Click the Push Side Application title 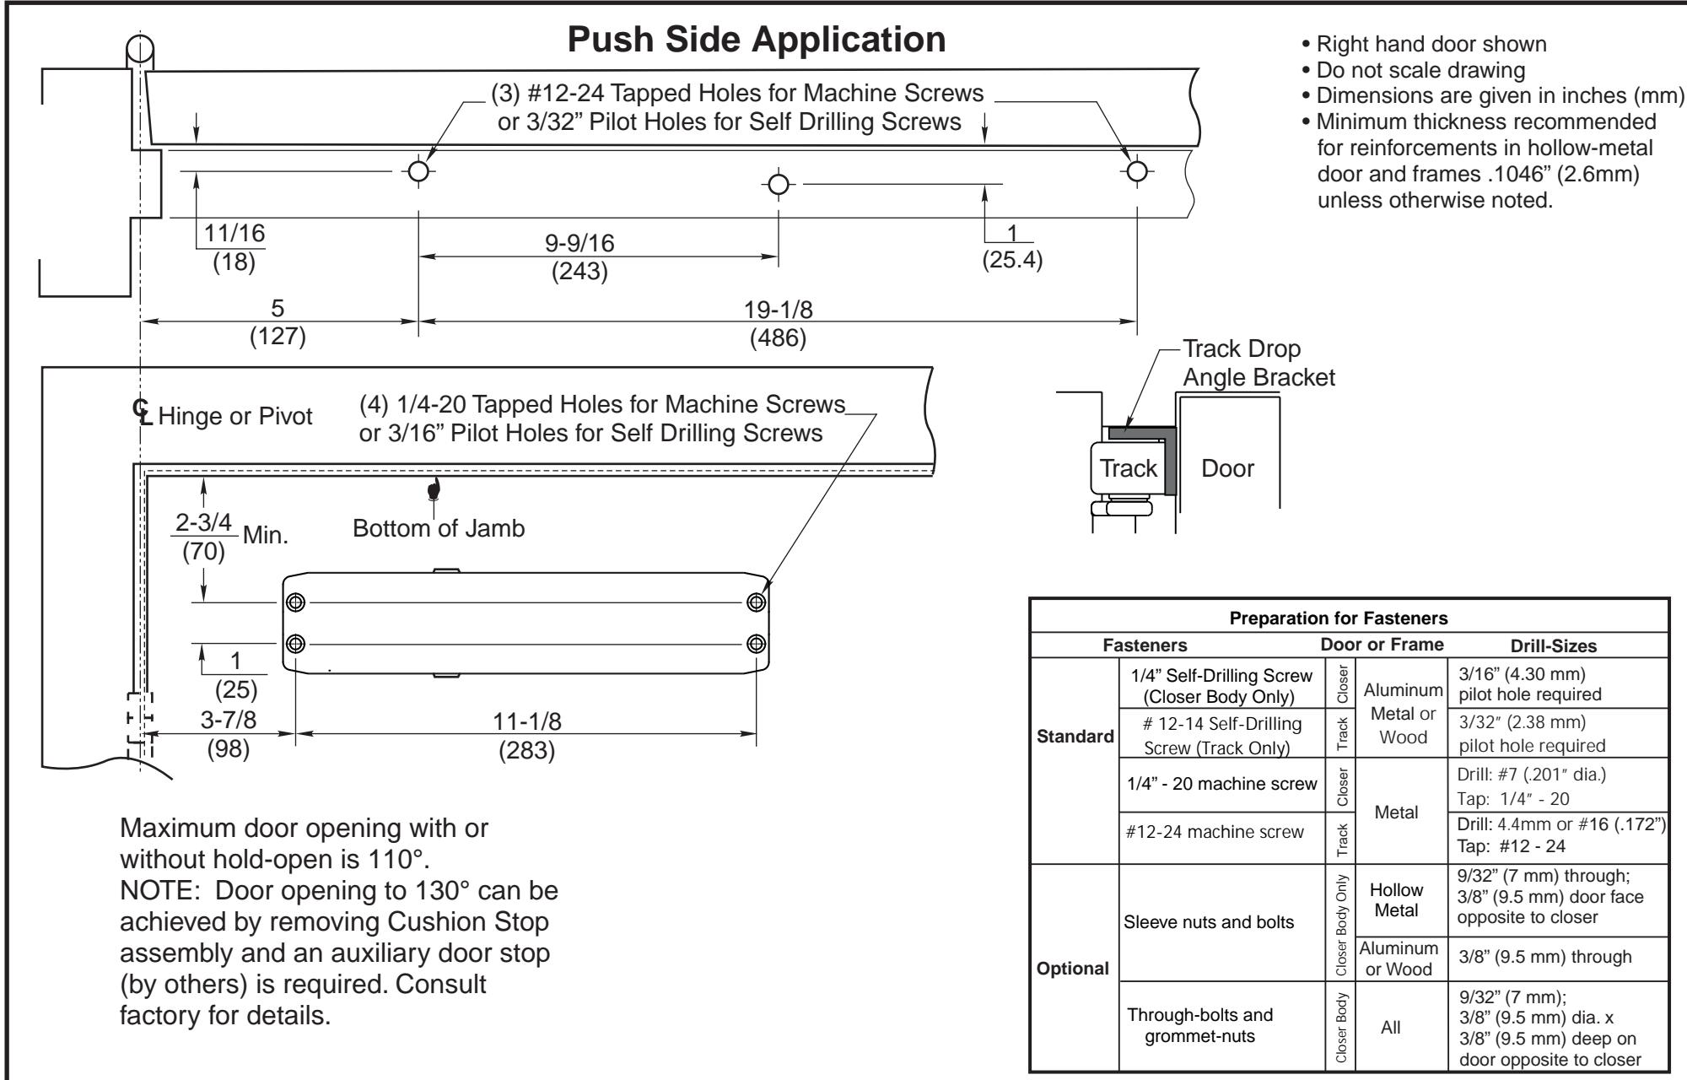point(757,40)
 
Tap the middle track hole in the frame point(779,184)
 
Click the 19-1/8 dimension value point(778,310)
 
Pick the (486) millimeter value point(778,338)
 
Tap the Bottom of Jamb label point(439,529)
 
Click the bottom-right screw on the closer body point(757,643)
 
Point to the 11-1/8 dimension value point(526,721)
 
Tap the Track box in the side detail point(1129,468)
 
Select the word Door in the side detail point(1228,469)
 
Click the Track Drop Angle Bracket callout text point(1259,363)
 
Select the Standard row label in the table point(1075,735)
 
